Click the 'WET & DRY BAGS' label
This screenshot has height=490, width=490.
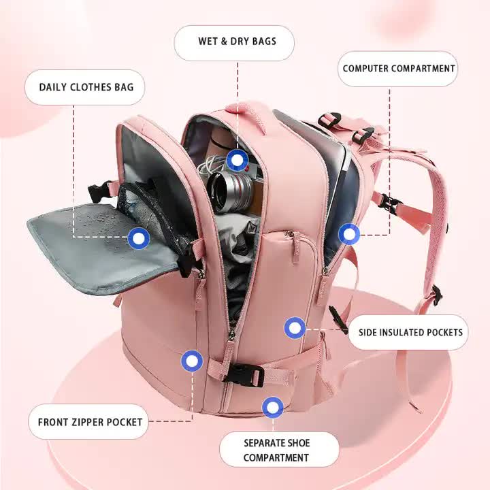(x=237, y=42)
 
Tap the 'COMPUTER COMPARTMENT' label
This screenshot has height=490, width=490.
(x=398, y=69)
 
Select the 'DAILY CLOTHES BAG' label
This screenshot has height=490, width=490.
(x=86, y=87)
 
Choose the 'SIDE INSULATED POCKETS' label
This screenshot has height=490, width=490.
(x=410, y=333)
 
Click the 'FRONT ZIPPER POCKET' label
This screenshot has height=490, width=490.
(x=90, y=422)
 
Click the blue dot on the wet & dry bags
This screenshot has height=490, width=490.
(x=237, y=161)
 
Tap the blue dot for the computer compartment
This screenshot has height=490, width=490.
(x=349, y=235)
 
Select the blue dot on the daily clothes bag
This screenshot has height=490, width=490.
(x=139, y=238)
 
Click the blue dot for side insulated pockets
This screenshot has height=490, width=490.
(x=295, y=329)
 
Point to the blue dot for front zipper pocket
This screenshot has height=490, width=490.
(x=192, y=361)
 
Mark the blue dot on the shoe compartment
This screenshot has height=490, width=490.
(x=273, y=408)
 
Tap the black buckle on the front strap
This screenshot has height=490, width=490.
(x=244, y=374)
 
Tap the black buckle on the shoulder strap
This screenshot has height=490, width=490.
(x=389, y=202)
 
